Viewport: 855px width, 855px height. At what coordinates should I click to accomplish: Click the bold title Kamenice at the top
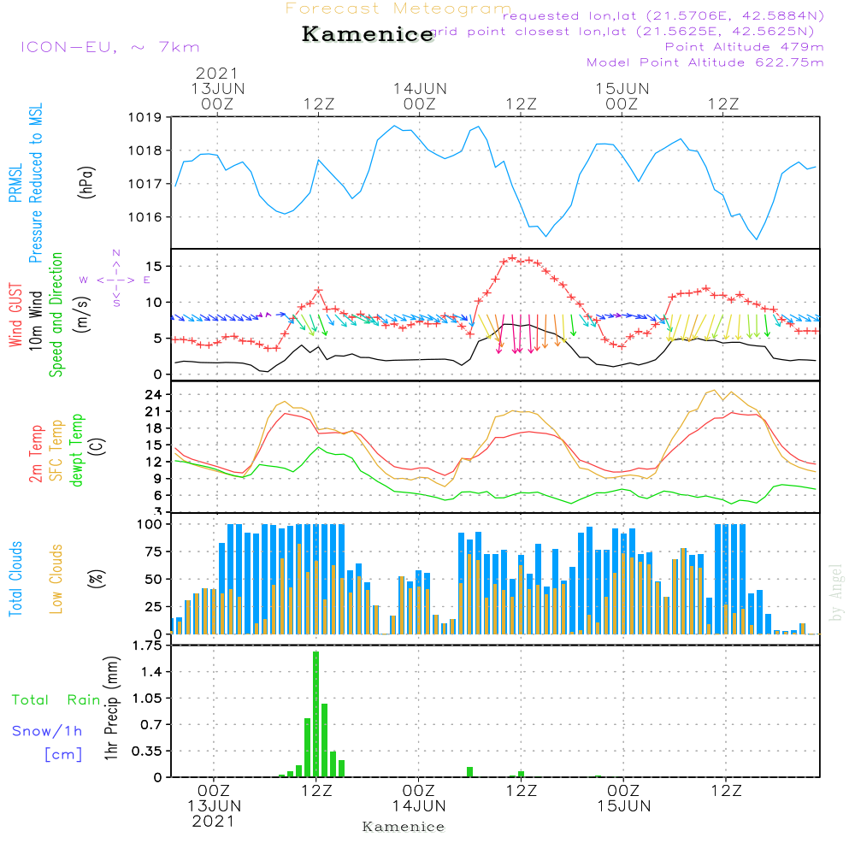[368, 35]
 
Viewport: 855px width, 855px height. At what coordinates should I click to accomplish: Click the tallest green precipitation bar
[315, 714]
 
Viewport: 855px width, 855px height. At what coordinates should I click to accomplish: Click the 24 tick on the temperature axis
[155, 395]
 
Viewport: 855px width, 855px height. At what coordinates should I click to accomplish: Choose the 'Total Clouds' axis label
[16, 579]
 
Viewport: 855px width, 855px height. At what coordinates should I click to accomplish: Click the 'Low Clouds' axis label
[56, 579]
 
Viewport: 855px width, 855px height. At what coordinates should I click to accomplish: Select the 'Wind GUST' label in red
[16, 316]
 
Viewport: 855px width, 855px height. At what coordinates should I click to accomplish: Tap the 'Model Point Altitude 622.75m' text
[705, 62]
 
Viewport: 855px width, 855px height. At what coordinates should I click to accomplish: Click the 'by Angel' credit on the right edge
[837, 593]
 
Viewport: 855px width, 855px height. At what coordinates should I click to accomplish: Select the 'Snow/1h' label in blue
[47, 731]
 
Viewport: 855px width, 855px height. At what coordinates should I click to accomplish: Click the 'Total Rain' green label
[56, 700]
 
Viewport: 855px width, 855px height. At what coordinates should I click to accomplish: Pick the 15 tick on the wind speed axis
[155, 267]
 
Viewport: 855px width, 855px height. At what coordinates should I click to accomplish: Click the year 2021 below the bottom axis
[213, 822]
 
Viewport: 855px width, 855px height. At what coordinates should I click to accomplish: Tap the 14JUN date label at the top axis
[420, 89]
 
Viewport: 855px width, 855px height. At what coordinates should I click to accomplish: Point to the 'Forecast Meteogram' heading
[398, 9]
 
